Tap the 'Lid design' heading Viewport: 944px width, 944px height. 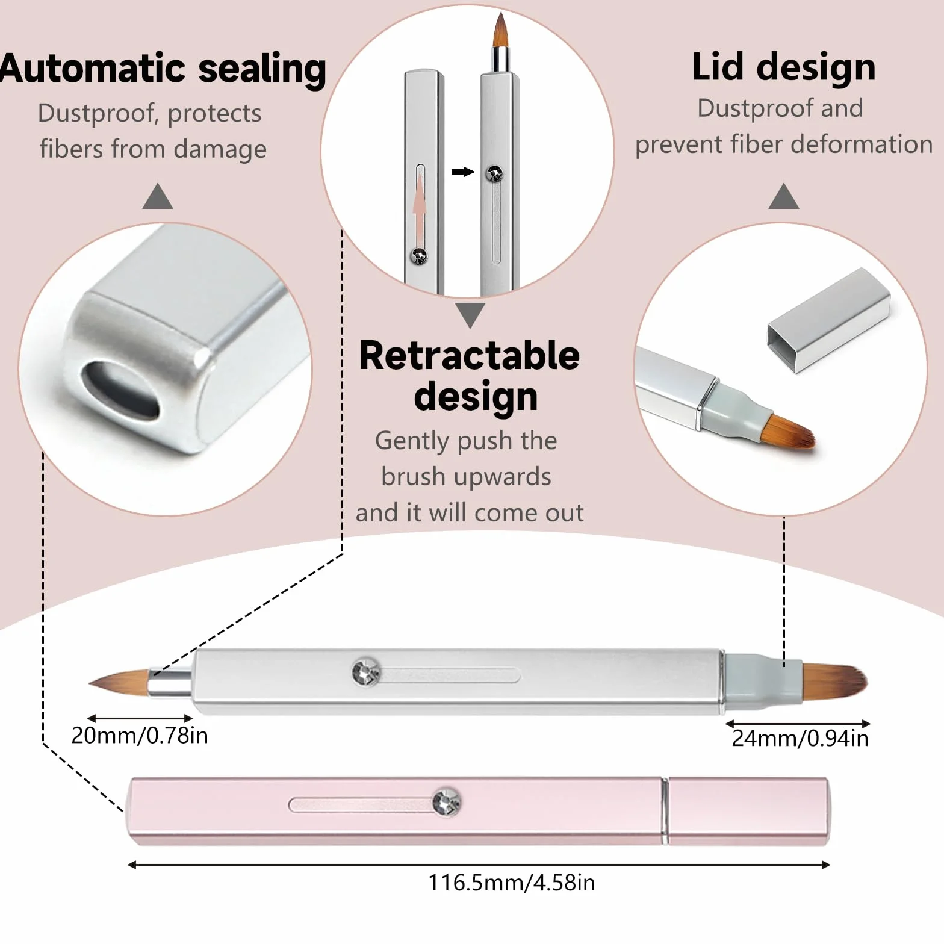(x=783, y=67)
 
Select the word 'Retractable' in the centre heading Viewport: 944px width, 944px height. (x=470, y=355)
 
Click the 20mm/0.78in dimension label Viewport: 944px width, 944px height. (x=140, y=736)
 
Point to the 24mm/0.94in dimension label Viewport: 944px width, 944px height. (x=800, y=738)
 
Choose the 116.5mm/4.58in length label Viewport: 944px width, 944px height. (x=511, y=883)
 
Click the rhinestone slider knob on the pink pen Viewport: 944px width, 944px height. (x=447, y=802)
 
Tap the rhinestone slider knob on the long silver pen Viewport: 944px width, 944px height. (x=366, y=671)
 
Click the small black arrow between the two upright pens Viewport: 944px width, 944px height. (x=463, y=172)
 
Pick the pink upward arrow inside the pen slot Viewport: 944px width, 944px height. (x=420, y=207)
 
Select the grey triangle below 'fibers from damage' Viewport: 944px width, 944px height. (x=158, y=196)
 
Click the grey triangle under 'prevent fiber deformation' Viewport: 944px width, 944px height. (x=784, y=196)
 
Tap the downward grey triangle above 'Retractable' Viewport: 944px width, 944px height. (x=470, y=315)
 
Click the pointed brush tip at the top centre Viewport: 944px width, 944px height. (x=500, y=31)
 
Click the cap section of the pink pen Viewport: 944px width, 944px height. (x=750, y=811)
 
